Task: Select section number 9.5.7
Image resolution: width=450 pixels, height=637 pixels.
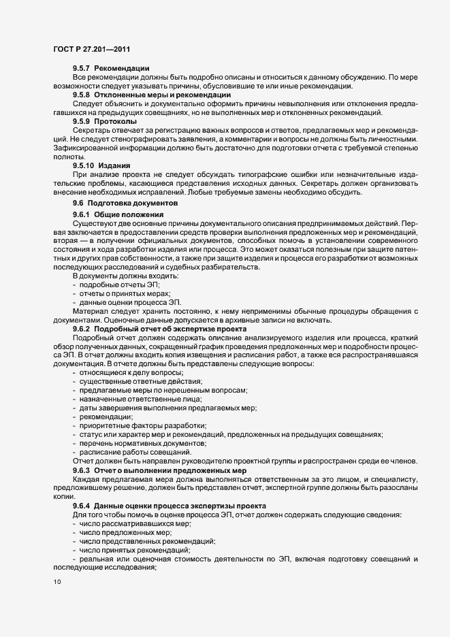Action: (81, 69)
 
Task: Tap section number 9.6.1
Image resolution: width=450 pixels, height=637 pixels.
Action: (81, 215)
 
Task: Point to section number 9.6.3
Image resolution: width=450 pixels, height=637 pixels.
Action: (81, 470)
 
